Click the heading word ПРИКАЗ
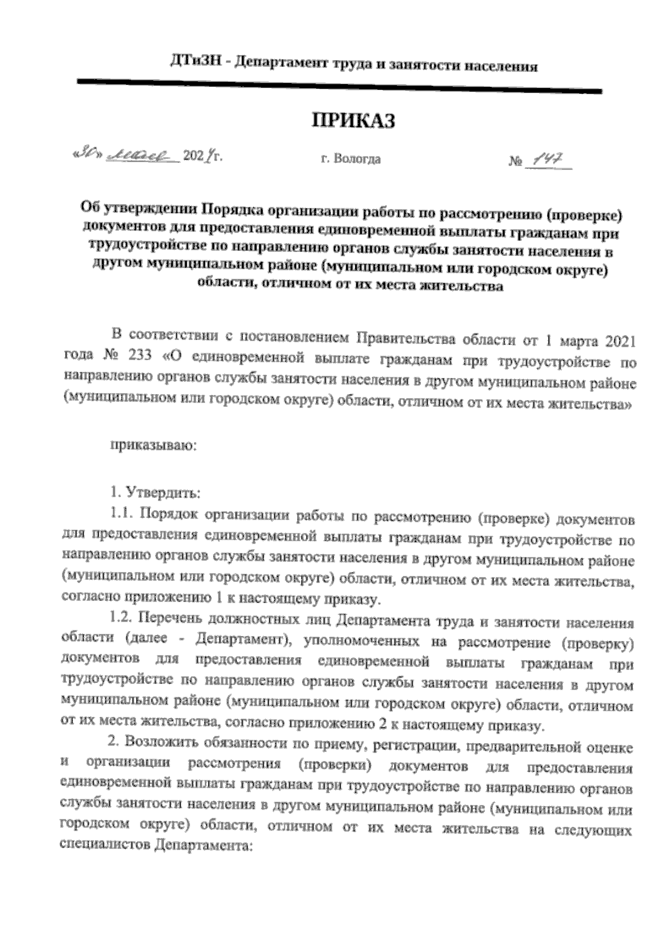click(352, 120)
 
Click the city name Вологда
click(357, 159)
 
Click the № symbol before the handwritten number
click(515, 163)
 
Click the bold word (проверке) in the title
click(583, 215)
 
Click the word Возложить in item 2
click(158, 743)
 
